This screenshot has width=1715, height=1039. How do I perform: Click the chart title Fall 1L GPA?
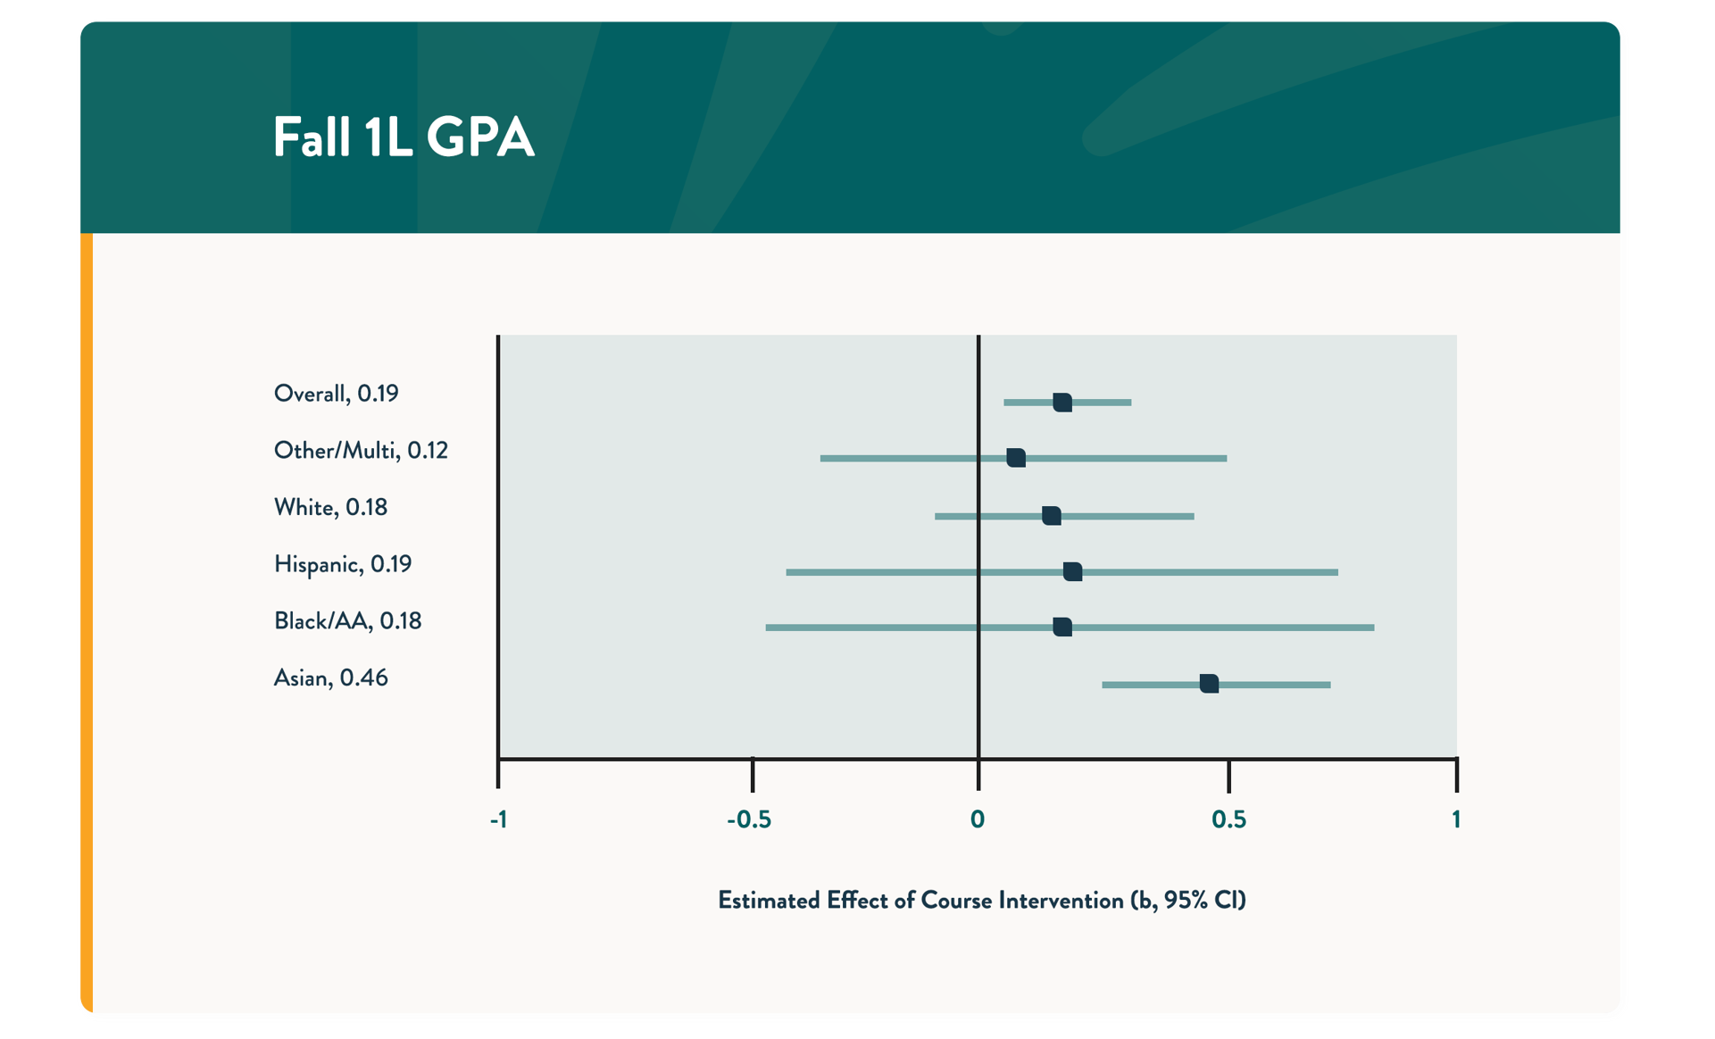click(403, 137)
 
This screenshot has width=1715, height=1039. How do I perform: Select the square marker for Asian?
click(1209, 684)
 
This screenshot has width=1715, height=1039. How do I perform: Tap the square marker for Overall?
click(1061, 403)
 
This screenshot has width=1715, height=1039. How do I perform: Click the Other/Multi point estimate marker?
click(1016, 458)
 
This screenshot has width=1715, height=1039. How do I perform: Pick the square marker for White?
click(1052, 516)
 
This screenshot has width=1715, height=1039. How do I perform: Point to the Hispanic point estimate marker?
click(1072, 571)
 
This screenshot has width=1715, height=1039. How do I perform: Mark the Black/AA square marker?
click(1061, 628)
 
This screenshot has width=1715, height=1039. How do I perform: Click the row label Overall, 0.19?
click(336, 394)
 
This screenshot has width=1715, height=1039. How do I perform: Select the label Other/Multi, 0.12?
click(361, 451)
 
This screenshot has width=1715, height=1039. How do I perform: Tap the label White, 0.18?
click(330, 507)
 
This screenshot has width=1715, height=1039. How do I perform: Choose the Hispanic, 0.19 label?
click(342, 564)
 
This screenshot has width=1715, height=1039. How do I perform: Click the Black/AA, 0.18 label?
click(347, 621)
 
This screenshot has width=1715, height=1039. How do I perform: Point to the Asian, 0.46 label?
click(330, 678)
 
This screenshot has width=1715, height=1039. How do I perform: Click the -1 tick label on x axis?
click(498, 819)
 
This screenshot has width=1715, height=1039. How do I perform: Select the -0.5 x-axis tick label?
click(748, 819)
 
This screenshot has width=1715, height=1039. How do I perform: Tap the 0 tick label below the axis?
click(978, 819)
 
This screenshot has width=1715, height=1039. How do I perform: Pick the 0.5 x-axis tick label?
click(1228, 819)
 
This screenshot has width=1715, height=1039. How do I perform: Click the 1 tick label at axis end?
click(1456, 819)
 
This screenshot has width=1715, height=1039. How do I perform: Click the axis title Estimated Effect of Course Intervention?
click(981, 900)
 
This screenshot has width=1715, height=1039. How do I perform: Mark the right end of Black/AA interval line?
click(1372, 628)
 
